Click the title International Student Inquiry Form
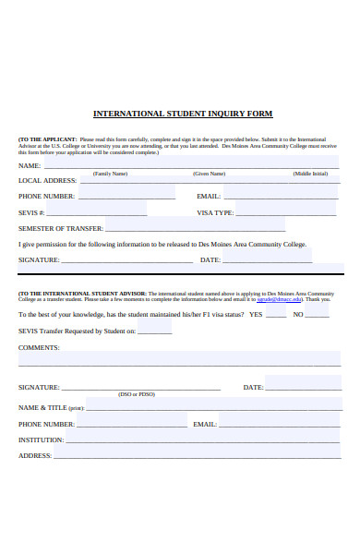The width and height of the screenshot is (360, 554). point(183,114)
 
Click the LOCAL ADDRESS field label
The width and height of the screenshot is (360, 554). point(47,181)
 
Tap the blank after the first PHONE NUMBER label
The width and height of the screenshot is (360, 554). point(126,197)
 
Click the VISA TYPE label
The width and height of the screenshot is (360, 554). point(215,213)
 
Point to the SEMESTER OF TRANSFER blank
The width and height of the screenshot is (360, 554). point(195,229)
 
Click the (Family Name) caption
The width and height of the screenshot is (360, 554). point(110,174)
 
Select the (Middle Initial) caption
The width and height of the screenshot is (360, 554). point(310,174)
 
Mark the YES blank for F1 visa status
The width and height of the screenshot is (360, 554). point(276,315)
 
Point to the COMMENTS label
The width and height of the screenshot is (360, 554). point(39,348)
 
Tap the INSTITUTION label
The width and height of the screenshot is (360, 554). point(42,440)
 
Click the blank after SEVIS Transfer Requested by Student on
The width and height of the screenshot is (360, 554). point(154,331)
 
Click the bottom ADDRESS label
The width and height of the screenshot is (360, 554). point(35,456)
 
